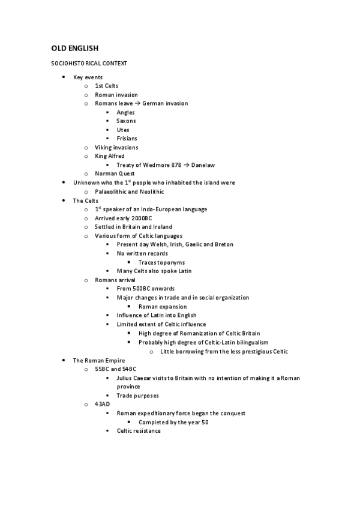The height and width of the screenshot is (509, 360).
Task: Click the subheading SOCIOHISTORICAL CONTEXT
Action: click(88, 63)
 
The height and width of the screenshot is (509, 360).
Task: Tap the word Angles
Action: click(125, 112)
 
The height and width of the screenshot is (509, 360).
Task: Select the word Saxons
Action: click(126, 121)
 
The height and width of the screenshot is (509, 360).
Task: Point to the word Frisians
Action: click(127, 139)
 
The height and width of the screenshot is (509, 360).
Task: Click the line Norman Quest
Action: click(115, 174)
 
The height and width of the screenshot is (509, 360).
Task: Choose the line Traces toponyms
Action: click(161, 262)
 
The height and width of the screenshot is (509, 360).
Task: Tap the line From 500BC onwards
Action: click(146, 289)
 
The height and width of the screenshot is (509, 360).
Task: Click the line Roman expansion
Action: click(164, 306)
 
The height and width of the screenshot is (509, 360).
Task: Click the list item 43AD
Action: click(102, 404)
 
